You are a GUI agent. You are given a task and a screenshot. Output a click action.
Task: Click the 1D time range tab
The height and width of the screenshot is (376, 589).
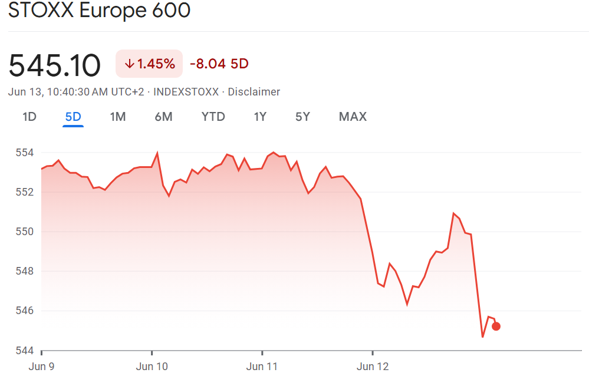click(x=29, y=117)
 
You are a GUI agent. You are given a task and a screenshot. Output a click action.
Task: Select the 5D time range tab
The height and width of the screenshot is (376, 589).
click(x=73, y=117)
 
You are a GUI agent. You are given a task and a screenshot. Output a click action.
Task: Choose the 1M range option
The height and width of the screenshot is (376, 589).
click(x=118, y=117)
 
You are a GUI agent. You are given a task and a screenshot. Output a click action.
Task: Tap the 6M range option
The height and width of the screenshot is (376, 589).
click(x=163, y=117)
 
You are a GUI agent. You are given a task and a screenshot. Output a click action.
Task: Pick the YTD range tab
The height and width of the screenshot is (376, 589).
click(x=213, y=117)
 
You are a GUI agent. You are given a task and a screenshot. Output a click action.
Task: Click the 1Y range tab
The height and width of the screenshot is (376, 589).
click(x=260, y=117)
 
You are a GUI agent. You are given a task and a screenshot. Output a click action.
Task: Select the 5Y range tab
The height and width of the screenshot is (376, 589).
click(x=302, y=117)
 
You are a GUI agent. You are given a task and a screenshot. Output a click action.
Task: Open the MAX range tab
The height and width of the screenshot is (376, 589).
click(x=353, y=117)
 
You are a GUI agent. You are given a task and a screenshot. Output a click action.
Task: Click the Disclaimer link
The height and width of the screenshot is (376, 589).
click(x=254, y=92)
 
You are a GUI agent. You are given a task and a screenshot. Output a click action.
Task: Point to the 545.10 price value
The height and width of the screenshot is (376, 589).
click(x=55, y=65)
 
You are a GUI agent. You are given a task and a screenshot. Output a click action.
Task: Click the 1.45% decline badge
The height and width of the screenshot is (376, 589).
click(x=149, y=64)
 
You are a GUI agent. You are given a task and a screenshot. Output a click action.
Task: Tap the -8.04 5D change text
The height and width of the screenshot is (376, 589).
click(x=219, y=64)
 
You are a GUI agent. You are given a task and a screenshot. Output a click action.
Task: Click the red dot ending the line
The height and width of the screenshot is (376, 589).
click(x=496, y=326)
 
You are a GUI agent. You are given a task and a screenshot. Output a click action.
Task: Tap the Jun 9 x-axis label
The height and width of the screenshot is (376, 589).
click(x=41, y=367)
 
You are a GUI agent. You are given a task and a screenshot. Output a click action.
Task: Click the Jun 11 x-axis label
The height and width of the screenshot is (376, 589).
click(x=263, y=367)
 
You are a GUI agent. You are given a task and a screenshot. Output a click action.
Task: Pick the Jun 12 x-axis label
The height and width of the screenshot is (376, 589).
click(x=373, y=367)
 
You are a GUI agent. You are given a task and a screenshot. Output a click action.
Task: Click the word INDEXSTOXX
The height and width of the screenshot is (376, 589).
click(x=186, y=92)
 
